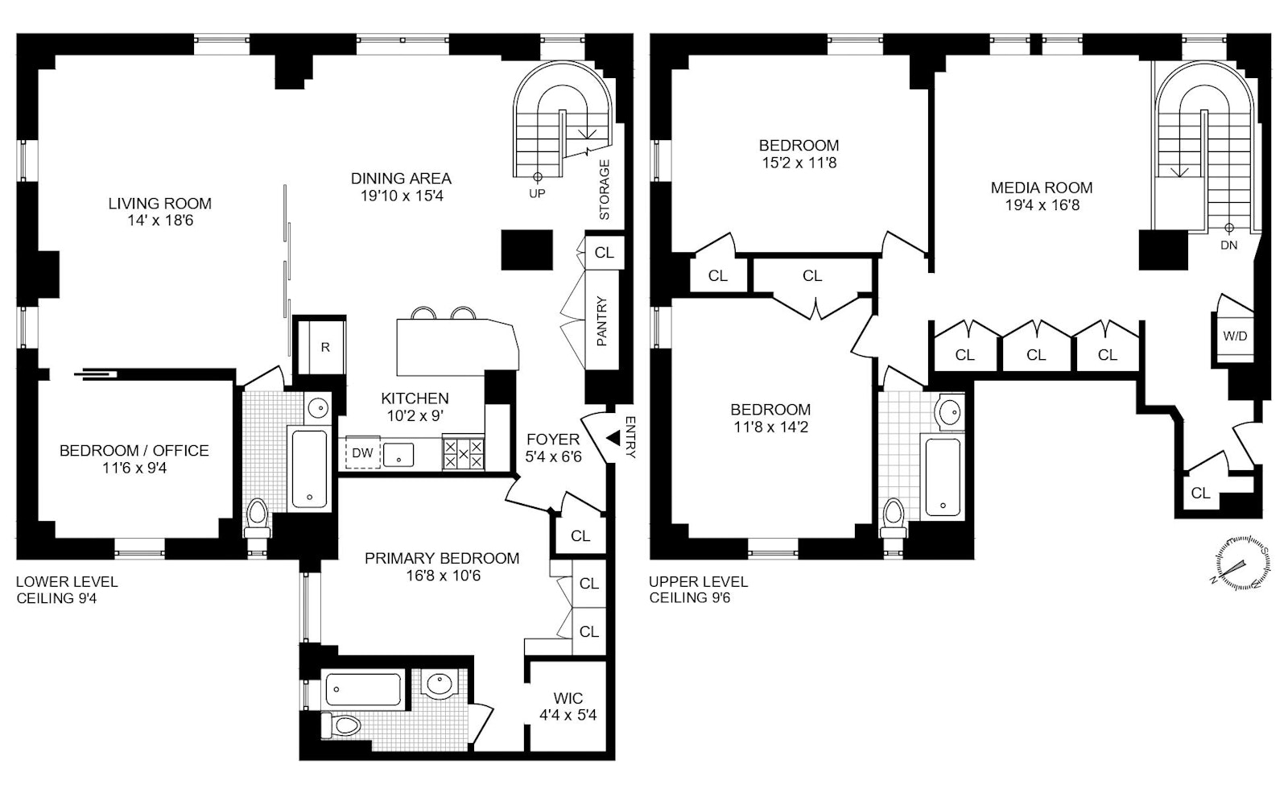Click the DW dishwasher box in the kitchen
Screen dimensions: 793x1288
[362, 453]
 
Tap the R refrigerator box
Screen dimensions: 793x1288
[324, 347]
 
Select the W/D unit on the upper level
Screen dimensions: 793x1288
[1235, 336]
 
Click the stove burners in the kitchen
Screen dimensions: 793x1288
[464, 454]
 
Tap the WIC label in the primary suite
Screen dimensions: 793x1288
[568, 698]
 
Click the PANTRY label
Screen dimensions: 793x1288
[601, 322]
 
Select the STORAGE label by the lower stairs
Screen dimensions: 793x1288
[605, 190]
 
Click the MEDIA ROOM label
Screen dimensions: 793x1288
[1041, 188]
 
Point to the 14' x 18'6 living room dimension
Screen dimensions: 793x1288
[159, 221]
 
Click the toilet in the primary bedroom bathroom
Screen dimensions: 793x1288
[342, 723]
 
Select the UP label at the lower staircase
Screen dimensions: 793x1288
[537, 193]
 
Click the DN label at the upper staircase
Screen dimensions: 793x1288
[1228, 245]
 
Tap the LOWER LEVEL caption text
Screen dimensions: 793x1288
[67, 581]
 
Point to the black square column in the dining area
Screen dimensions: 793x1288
[527, 250]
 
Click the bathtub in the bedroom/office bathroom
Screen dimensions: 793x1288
[309, 469]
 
